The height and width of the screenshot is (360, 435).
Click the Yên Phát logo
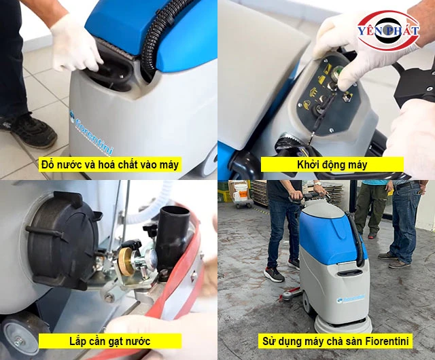pyautogui.click(x=388, y=31)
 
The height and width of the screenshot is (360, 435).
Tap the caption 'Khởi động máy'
pyautogui.click(x=332, y=165)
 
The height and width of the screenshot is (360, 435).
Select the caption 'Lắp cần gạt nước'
pyautogui.click(x=109, y=341)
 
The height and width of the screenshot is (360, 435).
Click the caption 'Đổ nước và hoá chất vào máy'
pyautogui.click(x=110, y=165)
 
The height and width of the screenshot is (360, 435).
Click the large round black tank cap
pyautogui.click(x=64, y=240)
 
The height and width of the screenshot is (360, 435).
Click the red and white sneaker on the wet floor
pyautogui.click(x=273, y=274)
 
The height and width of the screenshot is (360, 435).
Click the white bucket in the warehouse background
pyautogui.click(x=240, y=192)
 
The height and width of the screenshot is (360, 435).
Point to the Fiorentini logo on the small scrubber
pyautogui.click(x=351, y=299)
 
